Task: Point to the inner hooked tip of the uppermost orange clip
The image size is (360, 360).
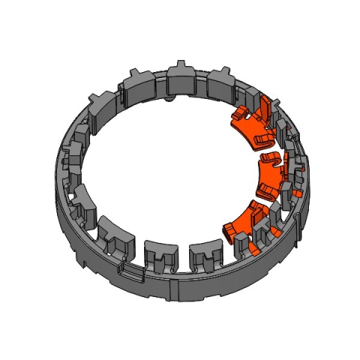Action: point(238,114)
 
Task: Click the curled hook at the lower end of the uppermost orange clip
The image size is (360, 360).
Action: point(259,139)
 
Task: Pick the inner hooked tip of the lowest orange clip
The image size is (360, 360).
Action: point(229,229)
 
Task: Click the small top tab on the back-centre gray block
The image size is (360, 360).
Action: point(182,63)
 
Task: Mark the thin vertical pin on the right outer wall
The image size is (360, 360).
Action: point(301,217)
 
